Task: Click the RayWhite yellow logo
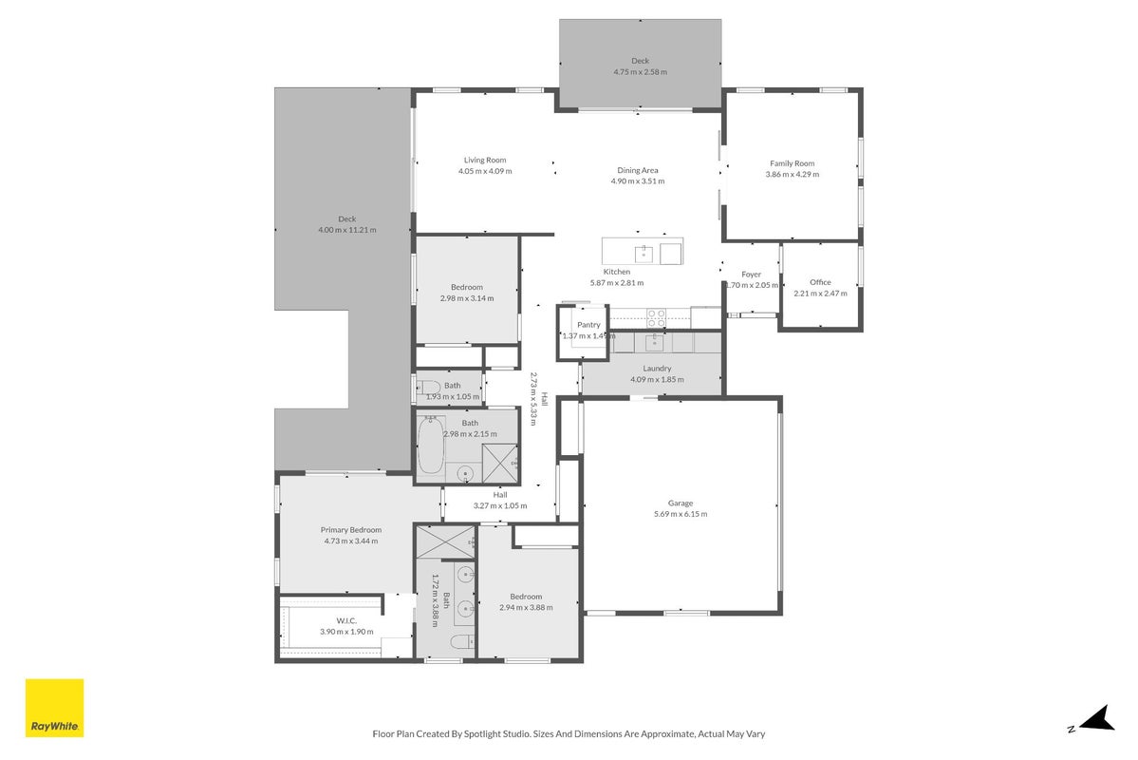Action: pos(54,708)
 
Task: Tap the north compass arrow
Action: pos(1096,718)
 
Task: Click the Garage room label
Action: pos(680,503)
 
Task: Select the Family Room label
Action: pos(792,163)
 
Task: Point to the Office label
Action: pos(820,282)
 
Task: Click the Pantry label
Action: pos(588,325)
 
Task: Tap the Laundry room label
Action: pos(657,369)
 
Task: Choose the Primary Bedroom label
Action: pos(350,530)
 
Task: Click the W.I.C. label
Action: pos(346,620)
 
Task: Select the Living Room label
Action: pos(485,160)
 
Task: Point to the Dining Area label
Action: pos(637,170)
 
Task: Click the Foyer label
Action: pos(751,274)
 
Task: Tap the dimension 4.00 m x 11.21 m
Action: pos(347,230)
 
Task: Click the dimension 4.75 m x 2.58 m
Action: pos(640,72)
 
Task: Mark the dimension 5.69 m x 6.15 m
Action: pos(680,514)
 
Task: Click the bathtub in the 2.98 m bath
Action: pos(430,445)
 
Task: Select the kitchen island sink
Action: pos(644,254)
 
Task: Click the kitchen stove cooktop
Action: pos(656,317)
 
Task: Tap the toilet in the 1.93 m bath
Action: pos(427,387)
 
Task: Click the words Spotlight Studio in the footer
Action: pos(496,733)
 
